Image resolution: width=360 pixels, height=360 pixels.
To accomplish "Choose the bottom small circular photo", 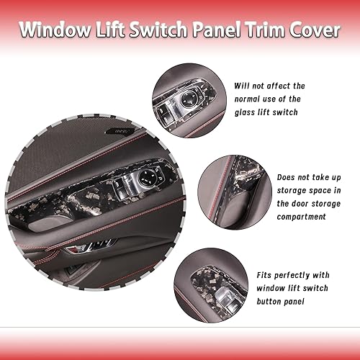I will tap(210, 286).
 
